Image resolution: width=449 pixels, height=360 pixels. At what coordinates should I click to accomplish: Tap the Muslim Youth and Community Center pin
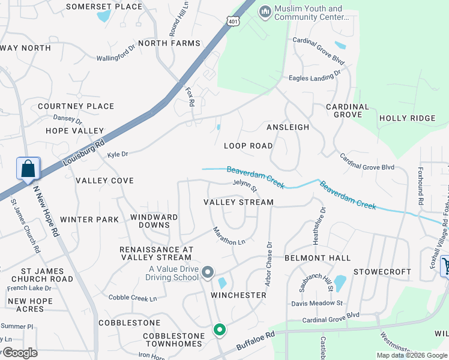coord(265,12)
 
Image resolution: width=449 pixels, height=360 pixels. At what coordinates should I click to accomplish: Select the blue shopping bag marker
coord(28,169)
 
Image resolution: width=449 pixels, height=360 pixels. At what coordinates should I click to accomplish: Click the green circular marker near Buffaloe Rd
coord(220,329)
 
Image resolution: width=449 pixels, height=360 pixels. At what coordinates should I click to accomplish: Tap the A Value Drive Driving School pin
coord(208,273)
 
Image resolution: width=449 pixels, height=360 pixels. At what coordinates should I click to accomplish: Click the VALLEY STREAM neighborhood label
coord(238,203)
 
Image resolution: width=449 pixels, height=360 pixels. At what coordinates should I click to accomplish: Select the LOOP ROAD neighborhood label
coord(248,146)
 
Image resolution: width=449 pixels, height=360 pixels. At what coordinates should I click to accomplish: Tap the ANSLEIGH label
coord(288,127)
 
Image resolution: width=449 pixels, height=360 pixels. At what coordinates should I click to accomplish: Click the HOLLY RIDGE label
coord(407,118)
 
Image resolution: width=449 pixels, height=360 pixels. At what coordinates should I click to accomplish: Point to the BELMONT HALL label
coord(317,258)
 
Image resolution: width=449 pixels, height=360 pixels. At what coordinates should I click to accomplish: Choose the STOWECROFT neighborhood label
coord(382,272)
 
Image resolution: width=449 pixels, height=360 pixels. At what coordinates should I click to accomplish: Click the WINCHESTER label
coord(238,295)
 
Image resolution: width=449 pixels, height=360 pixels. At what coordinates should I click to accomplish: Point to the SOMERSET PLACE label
coord(104,7)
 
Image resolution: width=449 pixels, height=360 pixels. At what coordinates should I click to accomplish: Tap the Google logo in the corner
coord(19,353)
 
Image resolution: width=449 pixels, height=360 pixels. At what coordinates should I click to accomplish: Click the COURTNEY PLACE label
coord(76,106)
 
